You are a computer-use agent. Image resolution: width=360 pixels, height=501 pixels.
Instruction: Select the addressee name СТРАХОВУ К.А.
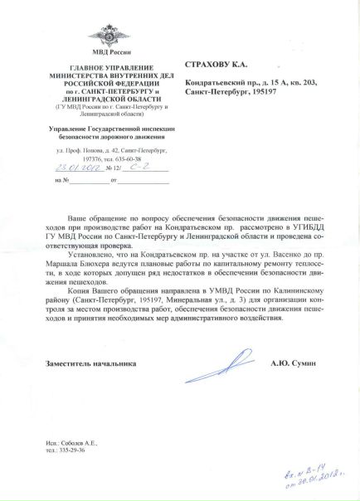tap(216, 63)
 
